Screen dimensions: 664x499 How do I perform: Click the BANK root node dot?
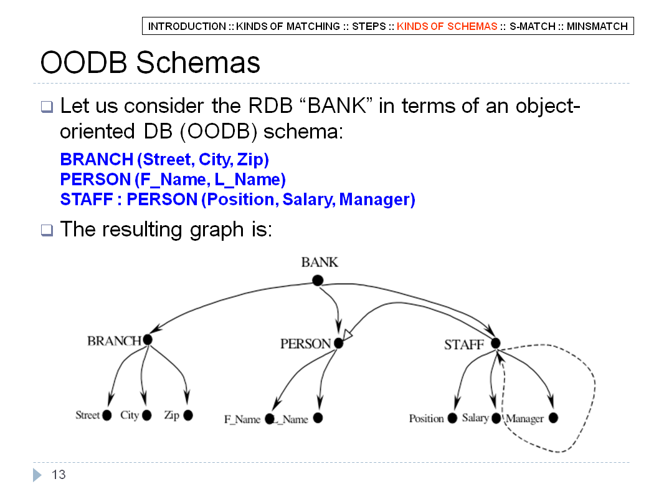(318, 280)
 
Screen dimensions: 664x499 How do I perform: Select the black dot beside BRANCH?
(148, 339)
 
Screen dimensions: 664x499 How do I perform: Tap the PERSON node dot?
(338, 343)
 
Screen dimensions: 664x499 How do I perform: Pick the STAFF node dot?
(495, 343)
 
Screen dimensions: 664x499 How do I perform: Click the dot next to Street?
(107, 415)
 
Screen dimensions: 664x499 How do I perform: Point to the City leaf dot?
(146, 415)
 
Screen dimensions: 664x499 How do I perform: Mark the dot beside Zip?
(188, 415)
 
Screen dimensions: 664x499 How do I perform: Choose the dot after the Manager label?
(553, 418)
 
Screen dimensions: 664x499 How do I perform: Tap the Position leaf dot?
(452, 419)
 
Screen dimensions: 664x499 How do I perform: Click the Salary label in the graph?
(475, 418)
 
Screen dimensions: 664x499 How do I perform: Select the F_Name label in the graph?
(242, 419)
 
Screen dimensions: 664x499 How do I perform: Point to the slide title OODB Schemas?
(150, 62)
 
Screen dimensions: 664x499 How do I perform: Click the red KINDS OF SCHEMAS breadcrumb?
(447, 26)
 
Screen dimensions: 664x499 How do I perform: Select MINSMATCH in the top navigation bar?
(597, 26)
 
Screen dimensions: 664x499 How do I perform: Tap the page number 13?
(59, 475)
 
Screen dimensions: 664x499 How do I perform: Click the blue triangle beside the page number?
(37, 475)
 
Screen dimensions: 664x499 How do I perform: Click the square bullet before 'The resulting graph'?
(47, 230)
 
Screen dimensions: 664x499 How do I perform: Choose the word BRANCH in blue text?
(97, 160)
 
